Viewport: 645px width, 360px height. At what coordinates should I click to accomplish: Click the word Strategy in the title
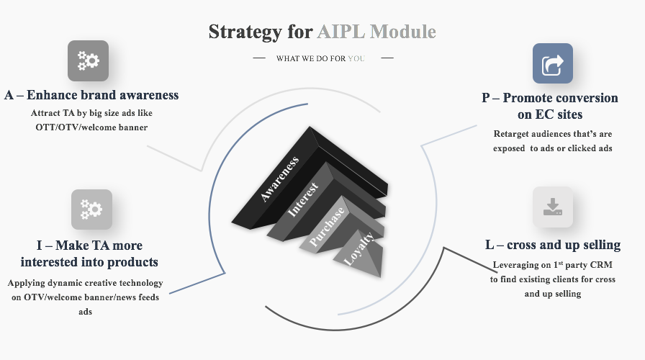[x=245, y=32]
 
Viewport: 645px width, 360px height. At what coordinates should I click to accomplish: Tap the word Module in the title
[x=402, y=32]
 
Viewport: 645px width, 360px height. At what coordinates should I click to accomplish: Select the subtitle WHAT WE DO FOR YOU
[x=320, y=58]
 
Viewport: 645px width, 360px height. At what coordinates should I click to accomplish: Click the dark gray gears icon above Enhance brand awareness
[x=88, y=60]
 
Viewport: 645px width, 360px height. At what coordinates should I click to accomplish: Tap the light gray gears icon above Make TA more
[x=91, y=210]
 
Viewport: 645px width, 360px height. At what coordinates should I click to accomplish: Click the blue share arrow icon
[x=552, y=63]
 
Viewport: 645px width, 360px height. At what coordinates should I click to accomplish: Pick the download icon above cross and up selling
[x=552, y=207]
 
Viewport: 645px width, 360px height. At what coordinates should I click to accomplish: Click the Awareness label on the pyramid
[x=280, y=179]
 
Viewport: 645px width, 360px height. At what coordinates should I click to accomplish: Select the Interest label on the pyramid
[x=303, y=199]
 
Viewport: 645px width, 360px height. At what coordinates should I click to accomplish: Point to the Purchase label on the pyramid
[x=327, y=227]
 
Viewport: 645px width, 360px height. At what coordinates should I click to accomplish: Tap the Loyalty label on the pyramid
[x=358, y=248]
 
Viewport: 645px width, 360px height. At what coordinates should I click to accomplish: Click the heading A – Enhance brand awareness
[x=91, y=95]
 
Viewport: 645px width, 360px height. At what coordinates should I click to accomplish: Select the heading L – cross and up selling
[x=553, y=245]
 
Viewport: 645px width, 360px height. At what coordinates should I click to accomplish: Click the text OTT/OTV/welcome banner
[x=91, y=127]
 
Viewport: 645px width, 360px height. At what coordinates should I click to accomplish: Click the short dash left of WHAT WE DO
[x=259, y=58]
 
